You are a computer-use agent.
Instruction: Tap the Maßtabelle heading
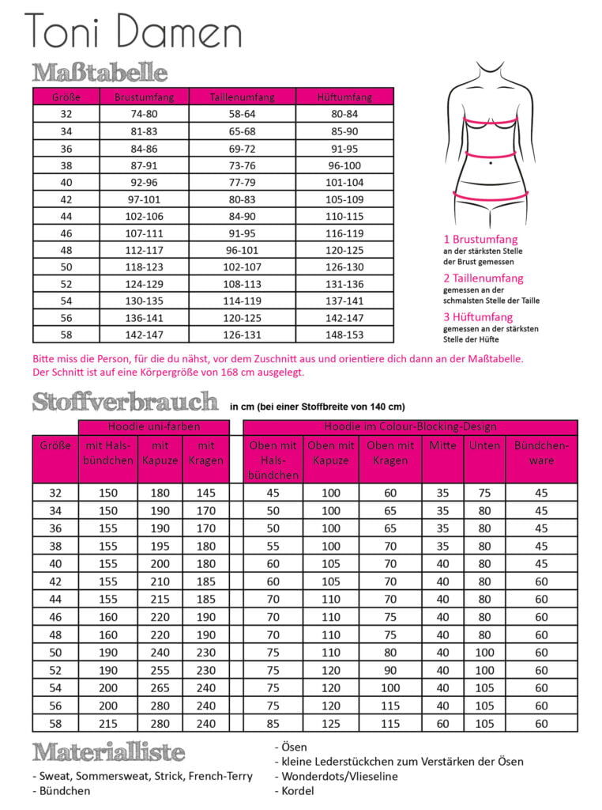point(100,73)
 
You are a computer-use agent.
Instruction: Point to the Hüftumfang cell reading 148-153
point(344,334)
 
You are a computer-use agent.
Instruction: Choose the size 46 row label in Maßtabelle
point(66,234)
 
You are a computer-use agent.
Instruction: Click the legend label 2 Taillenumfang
point(483,278)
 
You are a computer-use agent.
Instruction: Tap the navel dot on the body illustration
point(491,163)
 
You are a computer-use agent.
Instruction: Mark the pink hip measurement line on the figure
point(490,193)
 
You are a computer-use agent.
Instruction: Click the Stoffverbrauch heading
point(126,402)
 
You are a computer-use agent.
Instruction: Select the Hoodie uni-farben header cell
point(155,427)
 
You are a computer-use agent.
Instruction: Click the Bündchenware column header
point(541,453)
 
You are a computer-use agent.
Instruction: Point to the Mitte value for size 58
point(442,723)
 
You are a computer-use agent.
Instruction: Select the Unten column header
point(484,446)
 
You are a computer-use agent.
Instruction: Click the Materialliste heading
point(109,752)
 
